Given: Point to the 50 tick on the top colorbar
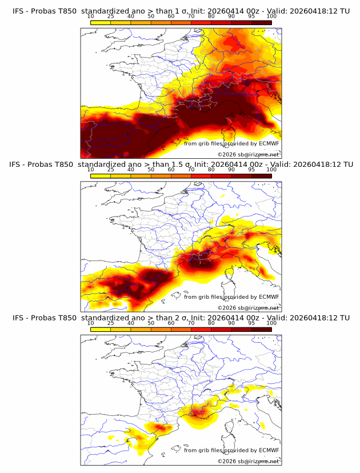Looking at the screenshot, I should (151, 17).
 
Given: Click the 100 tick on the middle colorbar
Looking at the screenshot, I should (271, 170).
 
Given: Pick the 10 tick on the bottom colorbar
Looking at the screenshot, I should (91, 323).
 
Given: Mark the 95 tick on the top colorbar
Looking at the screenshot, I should (251, 17).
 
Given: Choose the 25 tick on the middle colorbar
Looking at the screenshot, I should (111, 170).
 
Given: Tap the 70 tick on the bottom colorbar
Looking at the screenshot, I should (191, 323).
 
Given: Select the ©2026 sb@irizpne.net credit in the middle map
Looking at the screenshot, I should (248, 307).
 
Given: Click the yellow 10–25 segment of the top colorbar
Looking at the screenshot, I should (101, 22).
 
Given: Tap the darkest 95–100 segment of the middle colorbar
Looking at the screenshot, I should (262, 175).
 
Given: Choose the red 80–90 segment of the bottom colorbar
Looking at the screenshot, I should (221, 328).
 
